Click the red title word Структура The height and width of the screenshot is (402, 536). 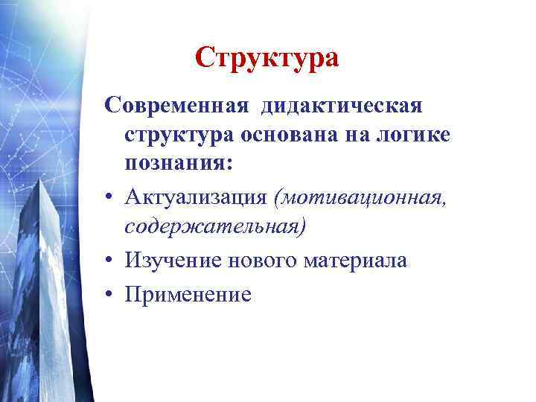[267, 57]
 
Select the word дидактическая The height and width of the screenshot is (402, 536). [342, 105]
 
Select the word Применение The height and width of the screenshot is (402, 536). [188, 293]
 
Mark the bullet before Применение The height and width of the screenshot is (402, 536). [109, 293]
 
